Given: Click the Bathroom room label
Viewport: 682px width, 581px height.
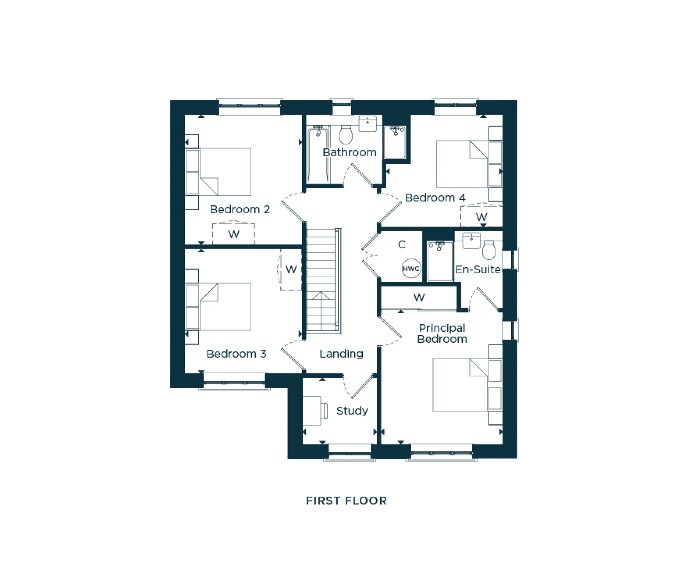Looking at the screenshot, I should click(350, 152).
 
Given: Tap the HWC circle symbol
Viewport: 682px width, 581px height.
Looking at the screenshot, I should click(411, 268).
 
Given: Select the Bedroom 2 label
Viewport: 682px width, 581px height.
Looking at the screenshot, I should click(240, 209).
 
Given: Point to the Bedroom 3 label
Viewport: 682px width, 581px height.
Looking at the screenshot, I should click(236, 354).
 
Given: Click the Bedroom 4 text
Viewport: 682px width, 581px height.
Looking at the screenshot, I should click(435, 198).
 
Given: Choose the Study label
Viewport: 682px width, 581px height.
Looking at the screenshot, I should click(352, 411).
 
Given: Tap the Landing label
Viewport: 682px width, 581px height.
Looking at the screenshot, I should click(341, 354).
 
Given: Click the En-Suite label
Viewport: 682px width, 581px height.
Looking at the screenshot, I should click(478, 270).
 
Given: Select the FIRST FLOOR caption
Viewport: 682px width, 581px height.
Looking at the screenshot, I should click(346, 501).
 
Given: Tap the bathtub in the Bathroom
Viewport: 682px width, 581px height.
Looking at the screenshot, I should click(318, 154).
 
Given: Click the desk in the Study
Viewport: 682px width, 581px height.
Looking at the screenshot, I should click(312, 410).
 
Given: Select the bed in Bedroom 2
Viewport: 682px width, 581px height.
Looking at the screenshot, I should click(225, 172).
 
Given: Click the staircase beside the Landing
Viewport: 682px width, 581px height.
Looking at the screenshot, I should click(322, 280).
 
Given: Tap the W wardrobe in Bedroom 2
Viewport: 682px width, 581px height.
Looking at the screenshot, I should click(234, 234).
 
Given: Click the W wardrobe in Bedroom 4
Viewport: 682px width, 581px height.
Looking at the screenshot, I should click(481, 217).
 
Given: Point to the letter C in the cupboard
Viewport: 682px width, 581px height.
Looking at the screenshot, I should click(402, 244).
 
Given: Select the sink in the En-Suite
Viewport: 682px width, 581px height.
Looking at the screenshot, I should click(471, 240).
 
